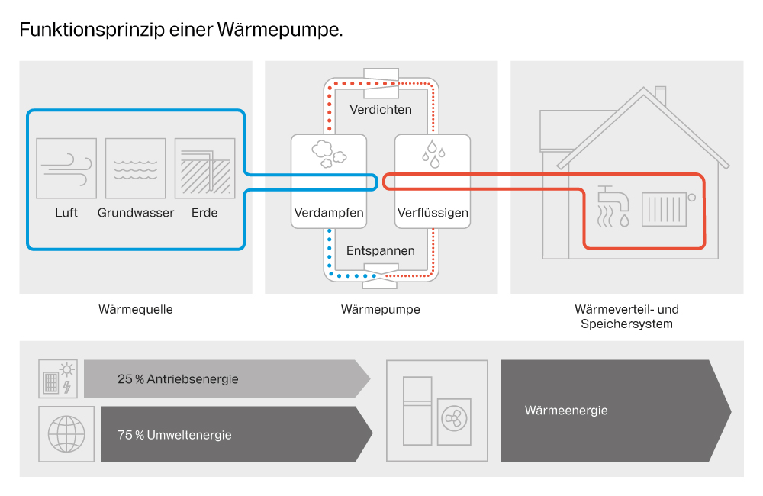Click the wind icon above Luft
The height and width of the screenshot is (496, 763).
(x=66, y=168)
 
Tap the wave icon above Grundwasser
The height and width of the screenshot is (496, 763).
(x=135, y=168)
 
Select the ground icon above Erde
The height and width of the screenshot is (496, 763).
(x=204, y=168)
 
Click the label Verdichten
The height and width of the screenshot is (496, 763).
(x=381, y=109)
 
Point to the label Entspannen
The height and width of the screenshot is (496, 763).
(x=381, y=250)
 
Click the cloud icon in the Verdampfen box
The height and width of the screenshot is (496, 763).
(x=329, y=153)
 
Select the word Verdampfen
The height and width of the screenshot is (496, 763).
(x=329, y=213)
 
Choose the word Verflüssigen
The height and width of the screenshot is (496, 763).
(x=433, y=213)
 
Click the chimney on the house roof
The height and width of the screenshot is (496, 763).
(x=661, y=96)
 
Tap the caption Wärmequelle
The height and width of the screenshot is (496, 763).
(x=136, y=310)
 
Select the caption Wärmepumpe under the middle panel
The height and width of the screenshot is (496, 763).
(x=381, y=310)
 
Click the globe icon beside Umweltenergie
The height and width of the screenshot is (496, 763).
(x=66, y=433)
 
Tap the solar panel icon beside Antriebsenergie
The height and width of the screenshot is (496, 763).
(x=58, y=379)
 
